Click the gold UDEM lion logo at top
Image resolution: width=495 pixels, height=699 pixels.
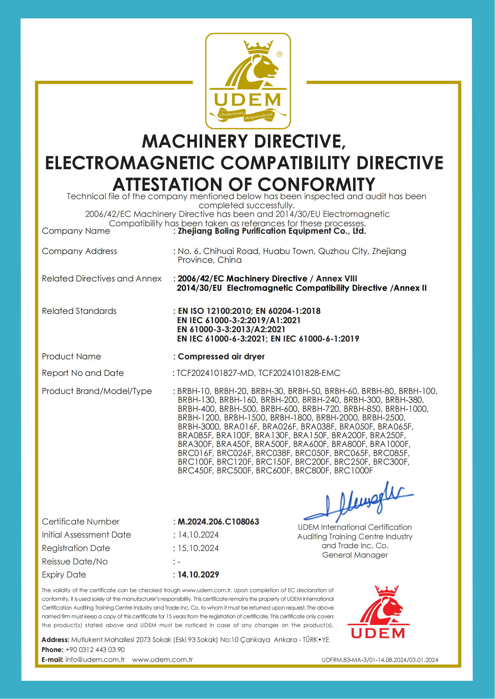[248, 81]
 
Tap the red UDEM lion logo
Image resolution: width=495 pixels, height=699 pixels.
[378, 612]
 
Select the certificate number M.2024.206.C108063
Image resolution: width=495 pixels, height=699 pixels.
[218, 522]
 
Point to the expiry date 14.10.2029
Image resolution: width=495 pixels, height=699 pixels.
[198, 575]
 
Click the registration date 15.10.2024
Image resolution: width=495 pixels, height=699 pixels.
[198, 548]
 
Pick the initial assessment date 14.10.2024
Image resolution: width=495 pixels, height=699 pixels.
[198, 535]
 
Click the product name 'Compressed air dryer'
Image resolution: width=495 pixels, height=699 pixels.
[221, 357]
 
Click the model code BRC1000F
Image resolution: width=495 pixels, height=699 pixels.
[353, 471]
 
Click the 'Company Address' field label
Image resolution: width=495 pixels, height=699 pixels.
[80, 251]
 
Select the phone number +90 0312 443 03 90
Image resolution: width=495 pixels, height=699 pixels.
[95, 650]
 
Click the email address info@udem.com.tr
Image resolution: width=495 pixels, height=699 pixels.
[95, 660]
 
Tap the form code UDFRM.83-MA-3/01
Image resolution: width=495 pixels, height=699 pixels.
[348, 660]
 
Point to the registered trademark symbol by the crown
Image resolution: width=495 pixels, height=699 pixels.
[279, 54]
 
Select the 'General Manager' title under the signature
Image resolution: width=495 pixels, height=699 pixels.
[355, 555]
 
